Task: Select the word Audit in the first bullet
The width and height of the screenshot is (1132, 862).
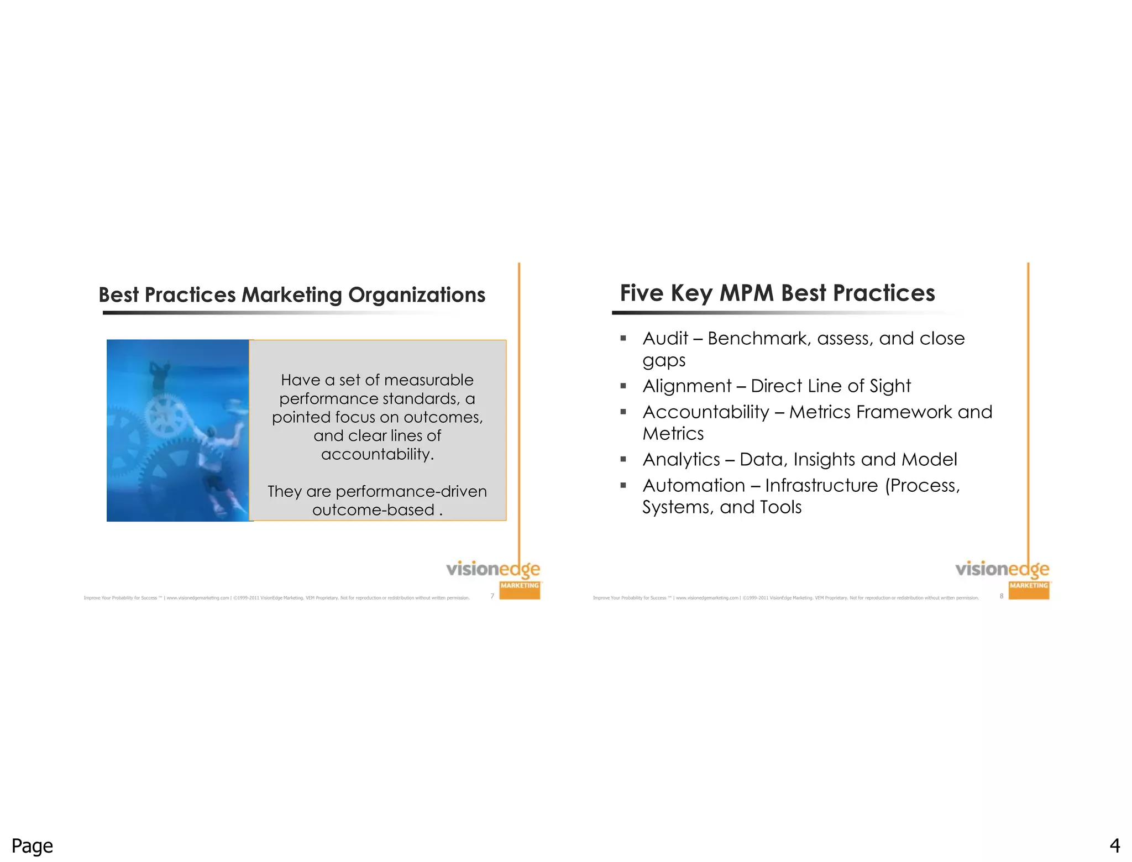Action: coord(665,338)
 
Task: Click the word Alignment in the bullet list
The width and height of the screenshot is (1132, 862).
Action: coord(686,386)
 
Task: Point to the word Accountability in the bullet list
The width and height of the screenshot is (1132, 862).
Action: coord(706,412)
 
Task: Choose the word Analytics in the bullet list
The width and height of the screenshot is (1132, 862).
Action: coord(681,459)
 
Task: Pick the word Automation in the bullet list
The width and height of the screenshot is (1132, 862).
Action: coord(694,485)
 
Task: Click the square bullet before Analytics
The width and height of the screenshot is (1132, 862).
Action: coord(623,459)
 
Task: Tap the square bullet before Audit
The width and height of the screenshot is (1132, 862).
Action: coord(623,338)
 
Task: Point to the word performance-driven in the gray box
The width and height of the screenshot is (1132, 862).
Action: coord(411,491)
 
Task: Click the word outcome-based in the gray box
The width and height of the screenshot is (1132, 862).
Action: coord(373,510)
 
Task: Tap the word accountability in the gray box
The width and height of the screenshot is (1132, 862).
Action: coord(377,454)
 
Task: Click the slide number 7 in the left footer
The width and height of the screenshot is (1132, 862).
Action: coord(492,596)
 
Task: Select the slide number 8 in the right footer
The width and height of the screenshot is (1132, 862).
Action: coord(1002,596)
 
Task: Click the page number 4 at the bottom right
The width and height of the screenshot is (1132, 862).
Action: coord(1115,846)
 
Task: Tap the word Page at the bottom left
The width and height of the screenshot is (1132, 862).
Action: coord(32,846)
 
